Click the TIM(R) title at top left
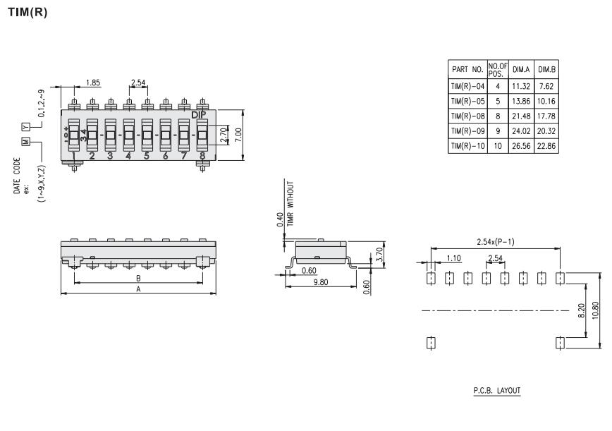27,12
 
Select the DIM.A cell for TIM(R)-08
521,116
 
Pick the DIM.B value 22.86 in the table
546,146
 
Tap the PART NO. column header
467,70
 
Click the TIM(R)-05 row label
467,102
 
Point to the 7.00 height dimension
239,135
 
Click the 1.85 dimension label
93,83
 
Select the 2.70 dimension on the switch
224,135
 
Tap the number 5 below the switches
147,156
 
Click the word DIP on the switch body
199,115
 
